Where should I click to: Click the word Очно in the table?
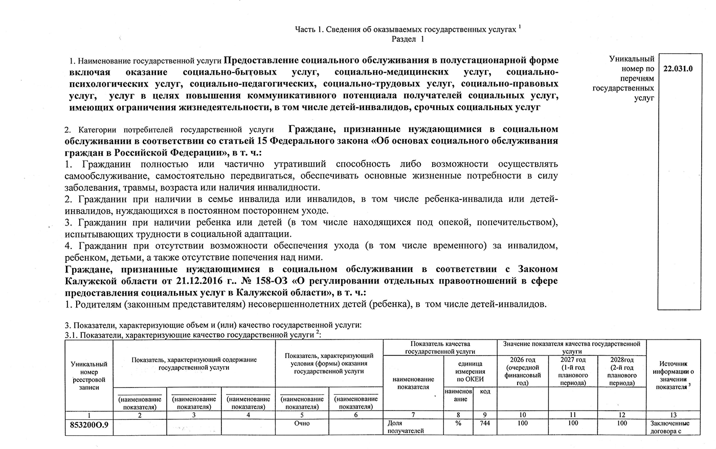302,423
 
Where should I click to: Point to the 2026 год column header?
522,371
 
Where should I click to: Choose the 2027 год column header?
573,371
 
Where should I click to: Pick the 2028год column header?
622,371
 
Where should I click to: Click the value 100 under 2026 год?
522,423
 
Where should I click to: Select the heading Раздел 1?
408,39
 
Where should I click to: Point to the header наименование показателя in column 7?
413,383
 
